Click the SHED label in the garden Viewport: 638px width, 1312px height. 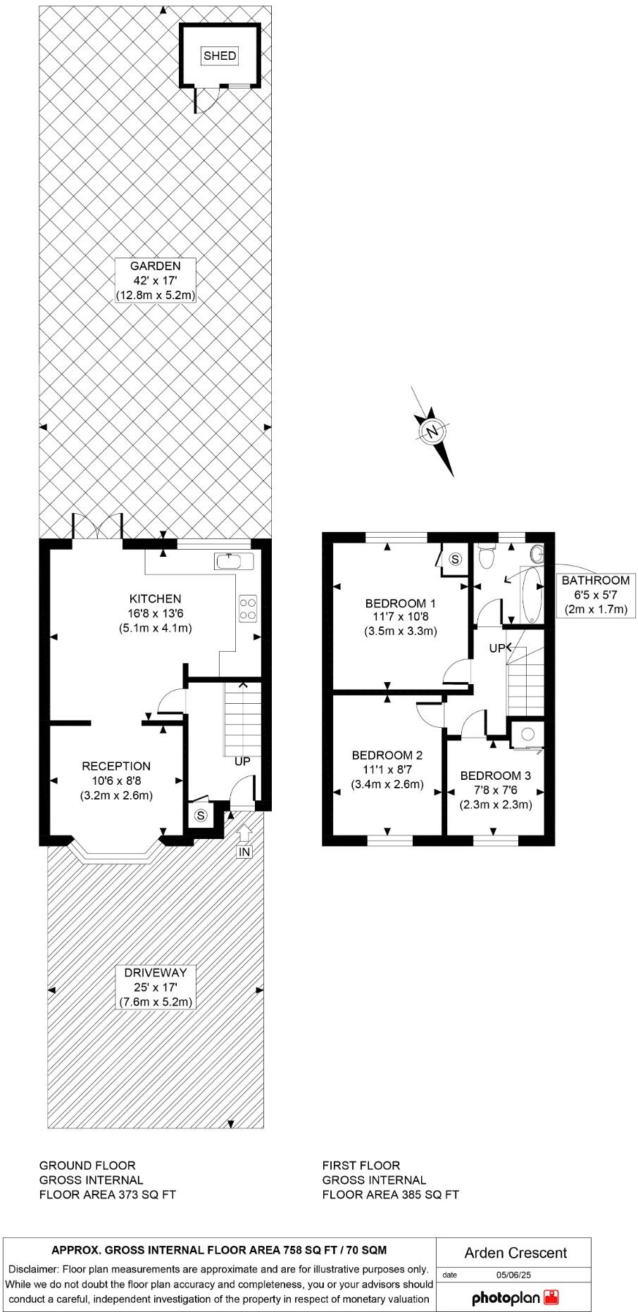pos(220,56)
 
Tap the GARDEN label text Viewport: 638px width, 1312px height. pos(155,266)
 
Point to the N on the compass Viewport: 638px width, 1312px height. pos(433,431)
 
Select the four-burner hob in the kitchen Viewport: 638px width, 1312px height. pos(248,608)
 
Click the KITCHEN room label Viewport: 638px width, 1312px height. pos(155,599)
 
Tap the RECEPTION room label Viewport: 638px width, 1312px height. pos(116,766)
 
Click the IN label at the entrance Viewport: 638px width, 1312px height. pos(244,852)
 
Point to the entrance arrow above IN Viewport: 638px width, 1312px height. pos(244,833)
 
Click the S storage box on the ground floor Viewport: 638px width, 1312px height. pos(202,816)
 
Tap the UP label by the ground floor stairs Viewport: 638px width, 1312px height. pos(242,762)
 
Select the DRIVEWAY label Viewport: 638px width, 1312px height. pos(155,973)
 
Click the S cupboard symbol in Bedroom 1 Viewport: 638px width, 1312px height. pos(455,560)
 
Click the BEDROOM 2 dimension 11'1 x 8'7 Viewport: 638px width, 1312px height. pos(387,769)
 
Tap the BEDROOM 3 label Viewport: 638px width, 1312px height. pos(496,776)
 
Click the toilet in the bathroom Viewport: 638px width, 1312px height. pos(486,557)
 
